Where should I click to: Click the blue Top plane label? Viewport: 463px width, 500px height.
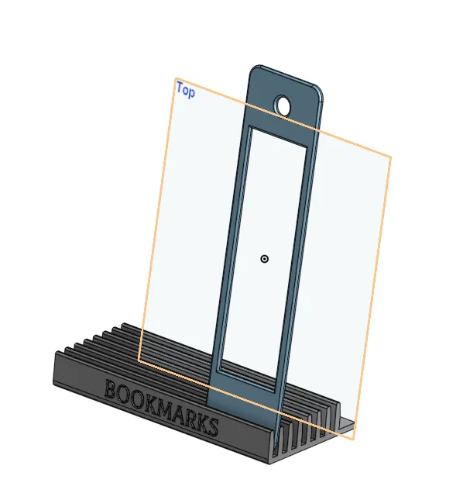coord(185,90)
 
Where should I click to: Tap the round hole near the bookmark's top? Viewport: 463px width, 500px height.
coord(282,106)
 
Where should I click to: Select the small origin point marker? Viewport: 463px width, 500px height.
coord(265,259)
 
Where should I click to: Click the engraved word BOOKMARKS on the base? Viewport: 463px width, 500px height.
coord(161,406)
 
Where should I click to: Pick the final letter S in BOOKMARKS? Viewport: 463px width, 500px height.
coord(211,427)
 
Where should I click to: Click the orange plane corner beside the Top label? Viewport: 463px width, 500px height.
coord(175,79)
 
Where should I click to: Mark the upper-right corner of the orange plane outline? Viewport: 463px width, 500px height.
coord(390,157)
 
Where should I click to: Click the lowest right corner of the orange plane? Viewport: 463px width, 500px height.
coord(354,440)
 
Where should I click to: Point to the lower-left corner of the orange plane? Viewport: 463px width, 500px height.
coord(139,360)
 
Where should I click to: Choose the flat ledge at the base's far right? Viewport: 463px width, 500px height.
coord(346,425)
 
